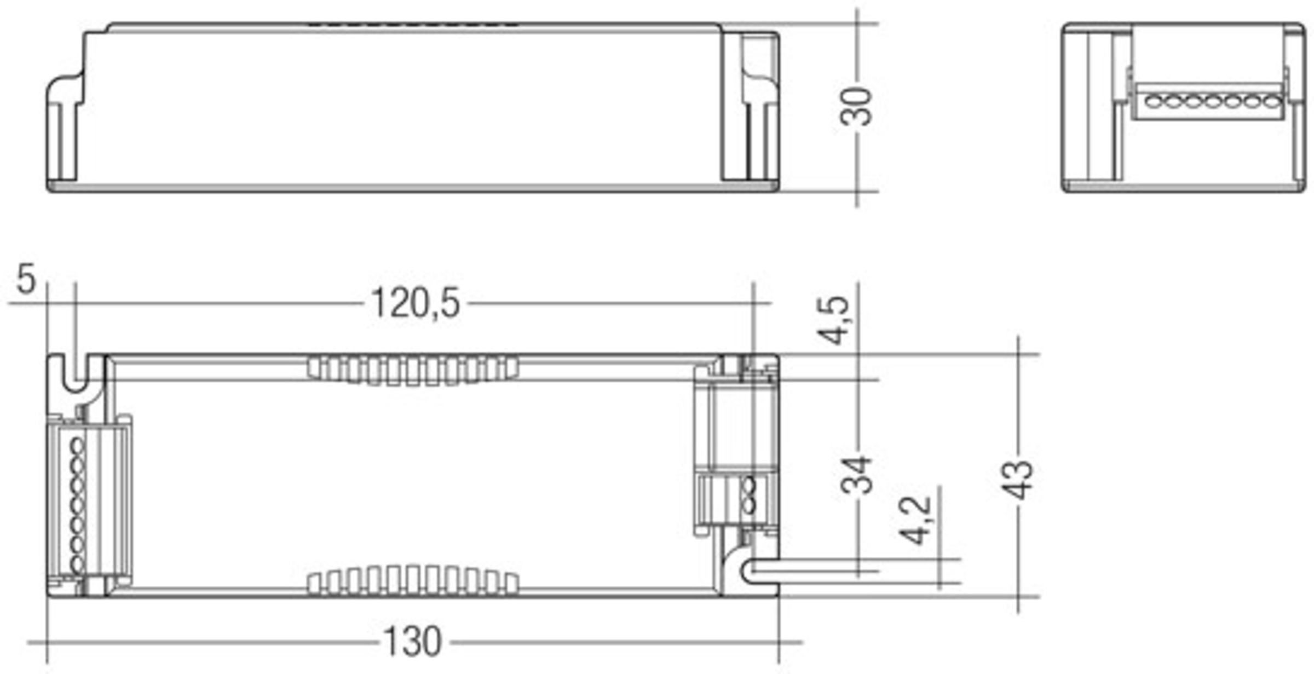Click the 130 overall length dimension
412,641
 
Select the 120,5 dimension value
415,303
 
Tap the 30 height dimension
856,107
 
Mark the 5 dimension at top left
26,279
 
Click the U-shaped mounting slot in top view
75,375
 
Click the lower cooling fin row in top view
412,580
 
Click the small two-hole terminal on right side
748,495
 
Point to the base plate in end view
1183,186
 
